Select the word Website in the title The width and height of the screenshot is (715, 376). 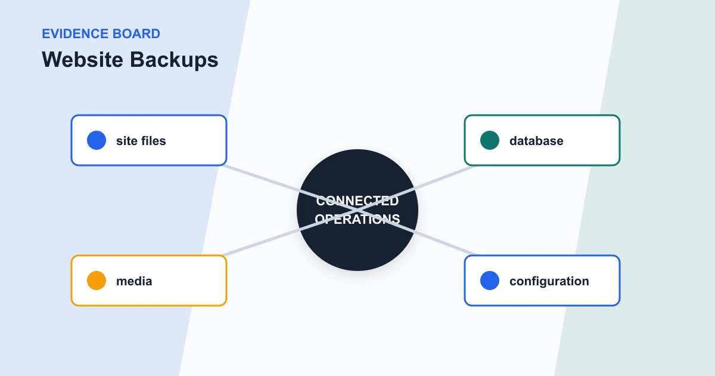(x=82, y=60)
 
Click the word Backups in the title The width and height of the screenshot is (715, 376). (x=174, y=60)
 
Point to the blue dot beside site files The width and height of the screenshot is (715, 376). (x=97, y=140)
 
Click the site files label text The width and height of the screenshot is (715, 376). (x=141, y=141)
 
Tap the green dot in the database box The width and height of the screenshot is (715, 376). (x=490, y=140)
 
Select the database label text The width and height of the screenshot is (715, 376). (x=536, y=141)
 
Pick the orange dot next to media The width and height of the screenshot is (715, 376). (x=97, y=281)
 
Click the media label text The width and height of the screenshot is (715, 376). (x=134, y=281)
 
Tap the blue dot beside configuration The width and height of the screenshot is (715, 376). (x=490, y=281)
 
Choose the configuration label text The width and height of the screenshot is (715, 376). (x=549, y=282)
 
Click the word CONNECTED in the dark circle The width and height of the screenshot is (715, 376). (x=357, y=201)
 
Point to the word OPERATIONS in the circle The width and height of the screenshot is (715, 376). (x=357, y=219)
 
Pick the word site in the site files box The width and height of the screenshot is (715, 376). (x=126, y=141)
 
